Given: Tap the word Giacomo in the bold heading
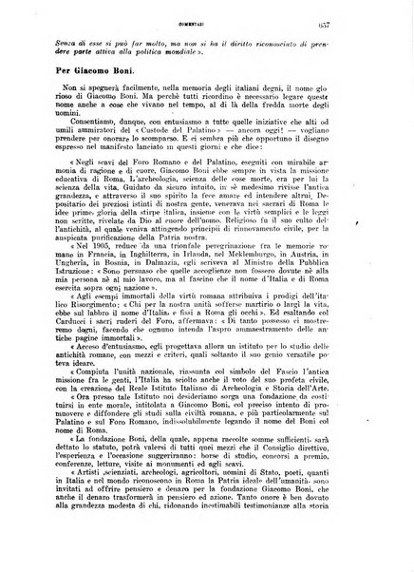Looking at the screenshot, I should point(97,67).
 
